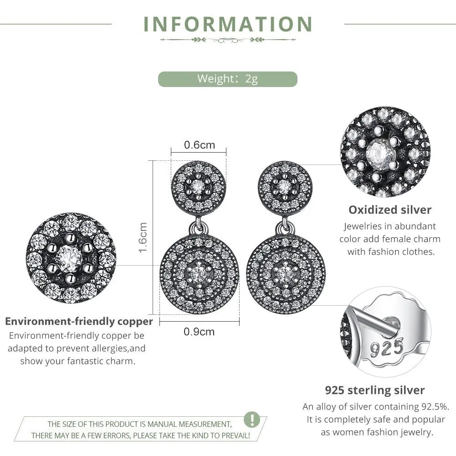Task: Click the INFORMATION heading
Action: (x=228, y=24)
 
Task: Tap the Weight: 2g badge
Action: (x=227, y=79)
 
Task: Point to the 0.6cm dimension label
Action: (x=199, y=145)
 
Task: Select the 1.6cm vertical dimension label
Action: (x=143, y=237)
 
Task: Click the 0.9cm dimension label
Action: (x=199, y=332)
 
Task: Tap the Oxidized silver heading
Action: (x=389, y=210)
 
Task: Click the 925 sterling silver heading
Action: (x=374, y=390)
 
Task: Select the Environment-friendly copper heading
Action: (x=79, y=321)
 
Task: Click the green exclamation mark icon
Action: (x=252, y=419)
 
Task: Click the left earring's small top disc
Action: (x=199, y=186)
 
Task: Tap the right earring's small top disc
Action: (x=285, y=186)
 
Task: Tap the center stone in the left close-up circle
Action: (x=70, y=258)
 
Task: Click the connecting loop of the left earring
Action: (x=199, y=225)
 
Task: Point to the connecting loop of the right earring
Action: (x=285, y=225)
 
